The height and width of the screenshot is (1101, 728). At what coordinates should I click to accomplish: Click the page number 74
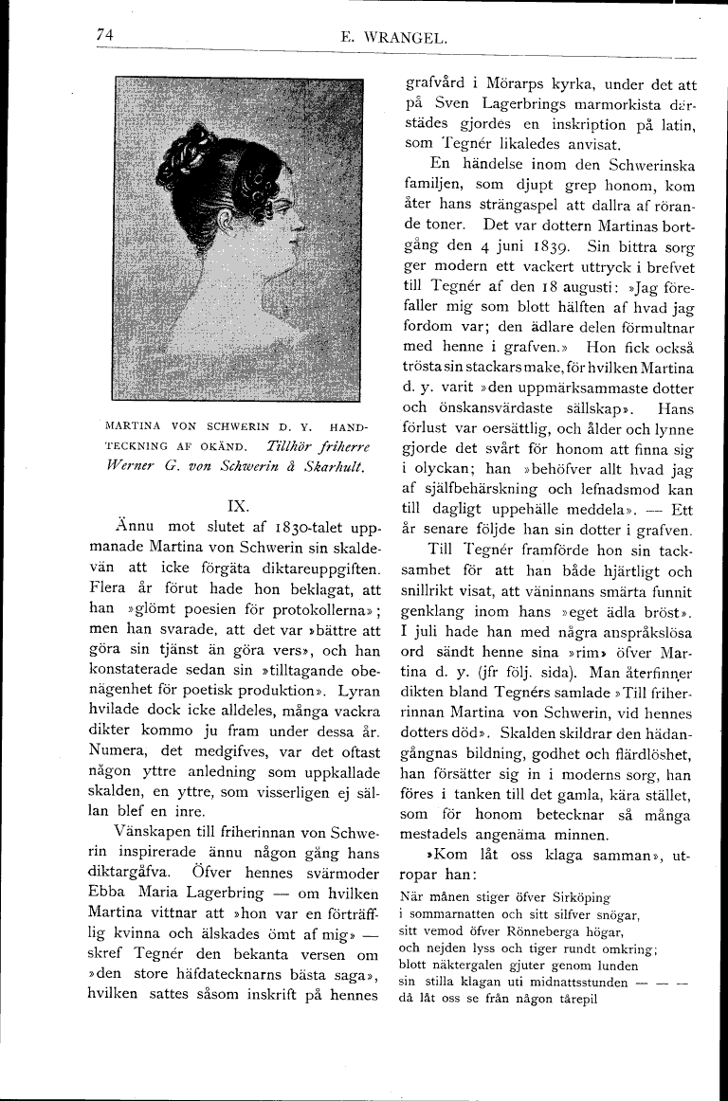click(104, 35)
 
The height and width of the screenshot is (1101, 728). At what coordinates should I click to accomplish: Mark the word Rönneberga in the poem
click(555, 930)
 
